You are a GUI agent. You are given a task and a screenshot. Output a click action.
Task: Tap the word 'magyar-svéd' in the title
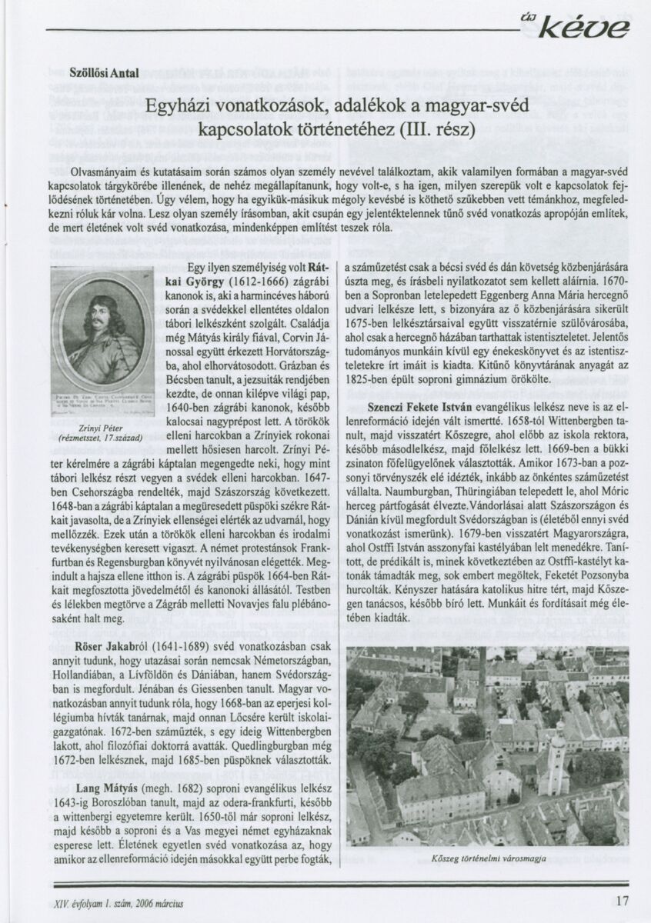pyautogui.click(x=459, y=102)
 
